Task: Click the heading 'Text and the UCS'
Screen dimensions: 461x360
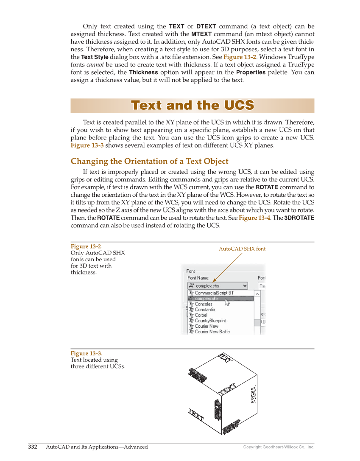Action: coord(192,106)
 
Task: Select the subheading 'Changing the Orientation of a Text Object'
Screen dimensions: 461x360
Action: coord(149,161)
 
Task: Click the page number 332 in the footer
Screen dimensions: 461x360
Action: coord(33,447)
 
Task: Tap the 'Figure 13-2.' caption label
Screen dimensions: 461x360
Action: coord(87,246)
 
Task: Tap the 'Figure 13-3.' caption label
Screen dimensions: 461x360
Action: coord(87,353)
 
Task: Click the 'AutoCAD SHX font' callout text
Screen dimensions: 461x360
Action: coord(242,249)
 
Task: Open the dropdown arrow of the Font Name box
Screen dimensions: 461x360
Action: coord(245,286)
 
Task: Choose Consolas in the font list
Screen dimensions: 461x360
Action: coord(204,304)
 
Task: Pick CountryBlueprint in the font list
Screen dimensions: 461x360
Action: coord(210,321)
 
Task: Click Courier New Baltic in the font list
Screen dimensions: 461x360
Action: coord(212,332)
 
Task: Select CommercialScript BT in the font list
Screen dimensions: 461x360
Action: coord(214,293)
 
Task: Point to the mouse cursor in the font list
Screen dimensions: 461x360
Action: coord(227,302)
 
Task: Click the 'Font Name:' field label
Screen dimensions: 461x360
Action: coord(198,278)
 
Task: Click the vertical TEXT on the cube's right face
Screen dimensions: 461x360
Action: coord(253,394)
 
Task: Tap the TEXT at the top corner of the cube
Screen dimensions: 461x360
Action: coord(225,358)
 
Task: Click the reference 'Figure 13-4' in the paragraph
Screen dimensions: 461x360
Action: coord(254,218)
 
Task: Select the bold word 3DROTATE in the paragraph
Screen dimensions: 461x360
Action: coord(299,218)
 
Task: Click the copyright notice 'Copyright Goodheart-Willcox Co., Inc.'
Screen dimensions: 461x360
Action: coord(279,447)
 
